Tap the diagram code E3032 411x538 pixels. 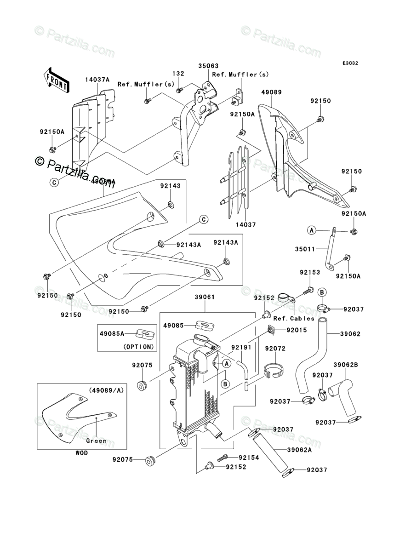[x=350, y=63]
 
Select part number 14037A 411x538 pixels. [x=97, y=80]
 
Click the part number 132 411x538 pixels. [x=178, y=74]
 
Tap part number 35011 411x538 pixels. [x=305, y=250]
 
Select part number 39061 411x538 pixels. [x=205, y=297]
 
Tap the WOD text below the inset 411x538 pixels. [x=82, y=453]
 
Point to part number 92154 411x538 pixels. [x=249, y=458]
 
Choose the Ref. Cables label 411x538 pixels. [x=294, y=318]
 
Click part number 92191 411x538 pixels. [x=242, y=349]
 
